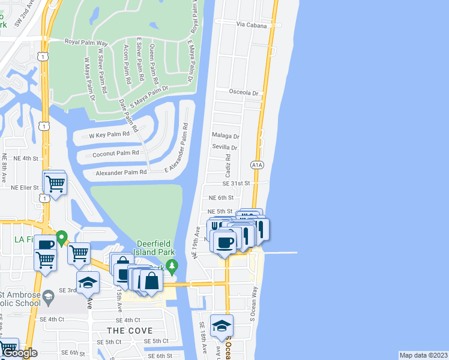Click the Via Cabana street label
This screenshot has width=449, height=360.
tap(251, 25)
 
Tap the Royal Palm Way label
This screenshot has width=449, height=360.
tap(86, 43)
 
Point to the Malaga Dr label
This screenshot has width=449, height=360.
tap(225, 137)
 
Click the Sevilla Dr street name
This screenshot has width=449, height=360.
tap(224, 148)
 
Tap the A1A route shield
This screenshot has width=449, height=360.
tap(257, 164)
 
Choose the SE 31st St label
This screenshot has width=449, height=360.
tap(236, 184)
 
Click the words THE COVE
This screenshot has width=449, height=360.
tap(130, 331)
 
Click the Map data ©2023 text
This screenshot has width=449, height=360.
tap(423, 355)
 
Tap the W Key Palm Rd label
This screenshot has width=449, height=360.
tap(109, 135)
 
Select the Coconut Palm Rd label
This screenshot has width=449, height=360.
tap(116, 153)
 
